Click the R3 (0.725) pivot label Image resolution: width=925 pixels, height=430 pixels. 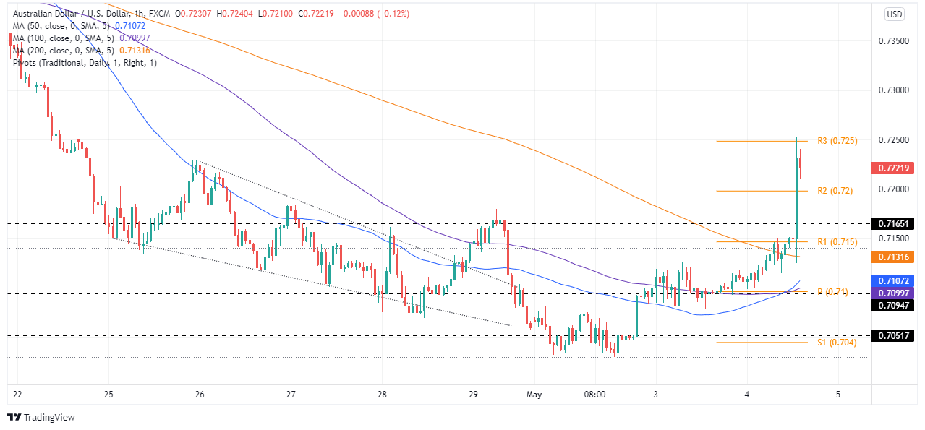pyautogui.click(x=837, y=141)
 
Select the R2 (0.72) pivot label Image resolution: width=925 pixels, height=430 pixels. pyautogui.click(x=835, y=191)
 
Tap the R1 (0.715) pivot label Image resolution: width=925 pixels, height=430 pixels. pyautogui.click(x=837, y=241)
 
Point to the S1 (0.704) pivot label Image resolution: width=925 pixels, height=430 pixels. pyautogui.click(x=837, y=343)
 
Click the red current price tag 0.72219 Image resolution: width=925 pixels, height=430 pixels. pyautogui.click(x=896, y=168)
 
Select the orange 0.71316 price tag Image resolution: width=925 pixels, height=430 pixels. pyautogui.click(x=896, y=257)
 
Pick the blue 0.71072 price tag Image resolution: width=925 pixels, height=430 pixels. pyautogui.click(x=896, y=280)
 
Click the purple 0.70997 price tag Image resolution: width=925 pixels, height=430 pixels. pyautogui.click(x=896, y=293)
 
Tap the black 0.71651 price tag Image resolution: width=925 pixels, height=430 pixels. pyautogui.click(x=896, y=224)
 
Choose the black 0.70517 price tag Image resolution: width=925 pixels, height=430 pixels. pyautogui.click(x=896, y=336)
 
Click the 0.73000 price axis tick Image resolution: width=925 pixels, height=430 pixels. pyautogui.click(x=895, y=90)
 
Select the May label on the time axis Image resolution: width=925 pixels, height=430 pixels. pyautogui.click(x=534, y=395)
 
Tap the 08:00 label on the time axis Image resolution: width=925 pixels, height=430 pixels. pyautogui.click(x=594, y=395)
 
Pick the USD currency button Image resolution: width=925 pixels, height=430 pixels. pyautogui.click(x=895, y=14)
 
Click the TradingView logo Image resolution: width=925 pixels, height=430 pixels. pyautogui.click(x=41, y=417)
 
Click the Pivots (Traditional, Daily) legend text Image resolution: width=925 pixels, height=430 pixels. pyautogui.click(x=85, y=62)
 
